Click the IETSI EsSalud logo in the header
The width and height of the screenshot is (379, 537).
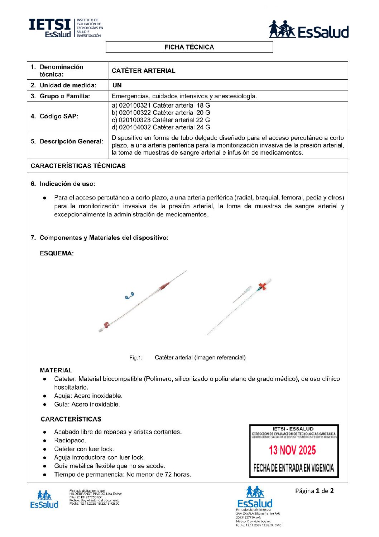pyautogui.click(x=66, y=28)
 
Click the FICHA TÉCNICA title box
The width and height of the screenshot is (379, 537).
pyautogui.click(x=189, y=47)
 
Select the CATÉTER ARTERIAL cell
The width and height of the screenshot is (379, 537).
pyautogui.click(x=144, y=71)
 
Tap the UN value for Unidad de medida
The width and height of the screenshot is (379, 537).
pyautogui.click(x=117, y=85)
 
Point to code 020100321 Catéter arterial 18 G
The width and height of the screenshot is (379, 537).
pyautogui.click(x=161, y=105)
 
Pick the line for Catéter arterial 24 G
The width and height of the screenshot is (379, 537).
pyautogui.click(x=161, y=127)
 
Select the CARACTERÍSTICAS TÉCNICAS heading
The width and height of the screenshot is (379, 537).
pyautogui.click(x=78, y=166)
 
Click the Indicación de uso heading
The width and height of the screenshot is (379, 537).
pyautogui.click(x=67, y=184)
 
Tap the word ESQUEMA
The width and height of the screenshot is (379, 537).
pyautogui.click(x=57, y=254)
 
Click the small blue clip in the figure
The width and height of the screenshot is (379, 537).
pyautogui.click(x=129, y=296)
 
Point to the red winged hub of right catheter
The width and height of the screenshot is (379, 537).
pyautogui.click(x=263, y=286)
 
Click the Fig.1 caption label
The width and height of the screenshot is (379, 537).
pyautogui.click(x=136, y=358)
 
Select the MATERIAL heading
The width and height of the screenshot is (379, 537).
pyautogui.click(x=56, y=370)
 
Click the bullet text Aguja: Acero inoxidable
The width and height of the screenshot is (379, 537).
pyautogui.click(x=88, y=396)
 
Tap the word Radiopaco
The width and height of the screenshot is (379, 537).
pyautogui.click(x=70, y=441)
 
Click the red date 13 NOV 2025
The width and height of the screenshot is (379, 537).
pyautogui.click(x=292, y=450)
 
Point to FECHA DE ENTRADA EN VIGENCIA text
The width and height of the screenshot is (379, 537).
pyautogui.click(x=293, y=468)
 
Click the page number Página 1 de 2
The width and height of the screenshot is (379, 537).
pyautogui.click(x=314, y=491)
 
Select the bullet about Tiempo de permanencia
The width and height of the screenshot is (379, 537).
pyautogui.click(x=123, y=475)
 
